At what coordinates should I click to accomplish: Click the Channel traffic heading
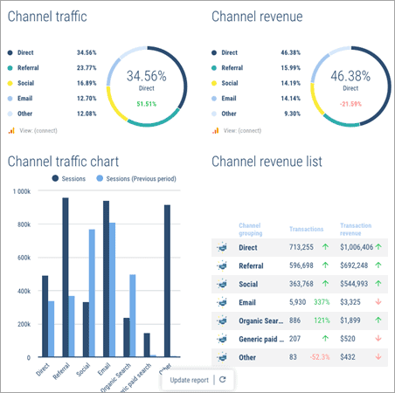[55, 17]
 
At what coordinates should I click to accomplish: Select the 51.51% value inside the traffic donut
[146, 104]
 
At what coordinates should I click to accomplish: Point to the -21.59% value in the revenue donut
[350, 104]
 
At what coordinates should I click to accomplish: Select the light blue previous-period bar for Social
[92, 293]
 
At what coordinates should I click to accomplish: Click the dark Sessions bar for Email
[106, 279]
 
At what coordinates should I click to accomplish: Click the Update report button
[189, 380]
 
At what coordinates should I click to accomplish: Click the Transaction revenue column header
[357, 229]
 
